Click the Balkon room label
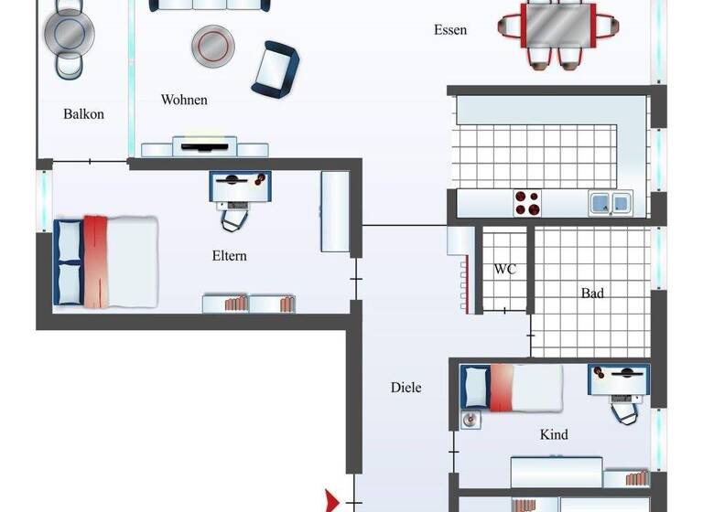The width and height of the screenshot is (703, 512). (83, 114)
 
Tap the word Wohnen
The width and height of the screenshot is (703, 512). (184, 100)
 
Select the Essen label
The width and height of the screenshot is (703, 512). (450, 30)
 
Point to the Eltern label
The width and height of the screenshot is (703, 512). (229, 256)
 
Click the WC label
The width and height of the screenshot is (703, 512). (505, 270)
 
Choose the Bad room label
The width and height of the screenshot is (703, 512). (592, 293)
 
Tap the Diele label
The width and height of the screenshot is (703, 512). (406, 388)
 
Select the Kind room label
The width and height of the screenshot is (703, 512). (554, 434)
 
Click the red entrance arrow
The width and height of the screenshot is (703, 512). (332, 501)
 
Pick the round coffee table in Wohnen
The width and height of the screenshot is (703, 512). (211, 42)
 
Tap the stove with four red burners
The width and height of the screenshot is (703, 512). (527, 202)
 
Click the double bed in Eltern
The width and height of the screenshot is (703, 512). (107, 261)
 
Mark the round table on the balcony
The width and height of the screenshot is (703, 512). (69, 34)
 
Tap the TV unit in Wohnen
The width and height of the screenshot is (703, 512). (205, 147)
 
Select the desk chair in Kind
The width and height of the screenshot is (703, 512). (624, 411)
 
